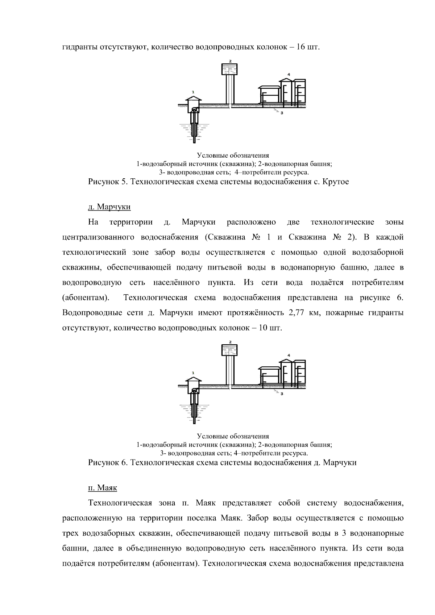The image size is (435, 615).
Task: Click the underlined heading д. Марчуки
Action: tap(109, 207)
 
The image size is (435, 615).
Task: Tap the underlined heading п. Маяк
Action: tap(103, 488)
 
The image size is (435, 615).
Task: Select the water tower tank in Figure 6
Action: tap(229, 349)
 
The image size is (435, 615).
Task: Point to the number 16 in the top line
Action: tap(300, 47)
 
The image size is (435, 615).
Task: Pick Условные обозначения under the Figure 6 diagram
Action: tap(233, 436)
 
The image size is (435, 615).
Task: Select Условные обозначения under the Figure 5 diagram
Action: tap(233, 156)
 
